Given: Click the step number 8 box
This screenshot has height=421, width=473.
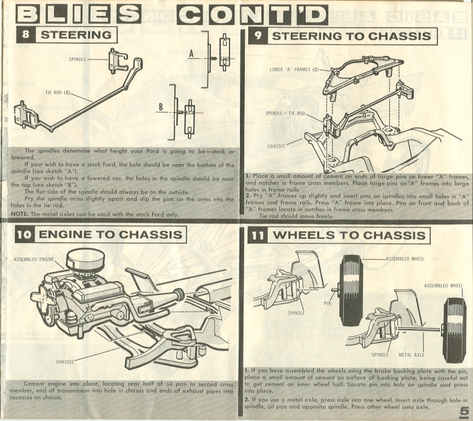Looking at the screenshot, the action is point(26,35).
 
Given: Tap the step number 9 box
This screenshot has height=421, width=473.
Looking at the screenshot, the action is point(258,36).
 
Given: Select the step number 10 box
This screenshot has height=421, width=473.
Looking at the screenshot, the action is point(25,235).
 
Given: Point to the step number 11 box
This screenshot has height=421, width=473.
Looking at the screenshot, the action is point(258,235).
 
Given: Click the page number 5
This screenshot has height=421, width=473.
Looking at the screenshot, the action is point(463,412).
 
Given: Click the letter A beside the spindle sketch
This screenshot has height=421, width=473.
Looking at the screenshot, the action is point(191,54).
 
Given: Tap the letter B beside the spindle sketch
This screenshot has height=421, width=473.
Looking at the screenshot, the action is point(161,107).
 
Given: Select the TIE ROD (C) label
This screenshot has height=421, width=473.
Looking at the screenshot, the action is point(57,92).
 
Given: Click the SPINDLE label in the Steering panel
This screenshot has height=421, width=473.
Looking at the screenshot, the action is point(77,59).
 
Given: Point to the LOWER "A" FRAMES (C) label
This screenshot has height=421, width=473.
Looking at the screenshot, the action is point(294,69).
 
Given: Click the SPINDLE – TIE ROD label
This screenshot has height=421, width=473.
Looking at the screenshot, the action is point(286,114).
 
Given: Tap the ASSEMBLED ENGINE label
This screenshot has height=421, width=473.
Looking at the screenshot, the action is point(33,260).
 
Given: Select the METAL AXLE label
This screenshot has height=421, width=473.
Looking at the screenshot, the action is point(411,355).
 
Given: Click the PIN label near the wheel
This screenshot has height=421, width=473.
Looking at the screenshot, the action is point(327,303).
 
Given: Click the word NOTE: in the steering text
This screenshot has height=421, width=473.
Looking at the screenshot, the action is point(19,214).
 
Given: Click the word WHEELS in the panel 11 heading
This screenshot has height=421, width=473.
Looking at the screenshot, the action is point(302,235).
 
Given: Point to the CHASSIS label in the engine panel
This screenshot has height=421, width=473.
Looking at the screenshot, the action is point(64,362).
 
